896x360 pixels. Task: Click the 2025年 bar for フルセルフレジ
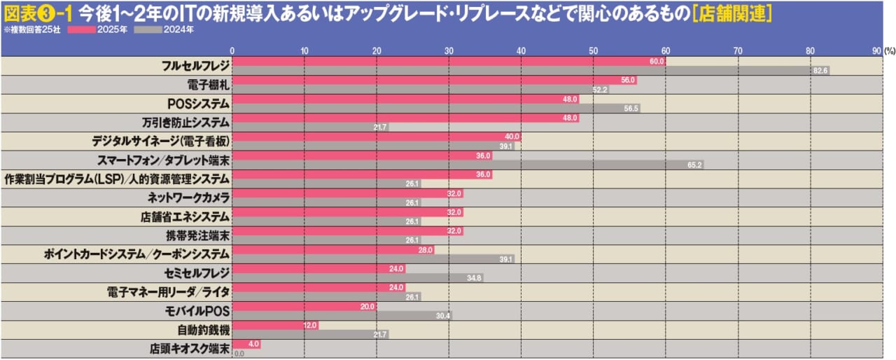point(448,62)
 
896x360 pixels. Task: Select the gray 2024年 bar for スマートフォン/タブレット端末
point(468,165)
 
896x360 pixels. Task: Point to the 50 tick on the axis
point(593,50)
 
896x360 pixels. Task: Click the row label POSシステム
point(198,103)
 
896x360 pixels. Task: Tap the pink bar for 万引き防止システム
point(406,118)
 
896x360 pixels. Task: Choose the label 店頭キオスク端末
point(190,347)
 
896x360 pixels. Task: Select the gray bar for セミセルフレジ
point(357,278)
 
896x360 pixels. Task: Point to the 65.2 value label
point(695,165)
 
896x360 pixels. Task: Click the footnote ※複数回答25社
point(31,30)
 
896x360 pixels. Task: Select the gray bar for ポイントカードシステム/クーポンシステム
point(373,259)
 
